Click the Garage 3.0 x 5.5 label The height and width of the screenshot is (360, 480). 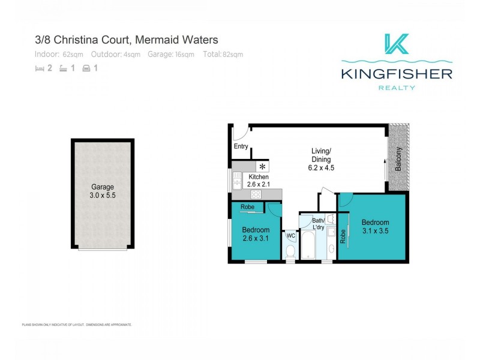(101, 191)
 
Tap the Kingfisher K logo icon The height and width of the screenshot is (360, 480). (397, 44)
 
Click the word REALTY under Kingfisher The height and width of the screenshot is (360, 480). (397, 88)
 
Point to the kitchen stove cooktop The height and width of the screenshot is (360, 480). (256, 193)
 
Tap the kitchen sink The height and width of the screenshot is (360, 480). (235, 179)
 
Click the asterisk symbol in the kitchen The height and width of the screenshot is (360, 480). (262, 166)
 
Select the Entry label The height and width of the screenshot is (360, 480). (241, 146)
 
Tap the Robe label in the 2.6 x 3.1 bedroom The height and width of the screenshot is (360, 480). (247, 208)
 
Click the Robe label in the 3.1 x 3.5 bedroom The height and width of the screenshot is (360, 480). (343, 237)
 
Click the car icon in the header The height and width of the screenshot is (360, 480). (86, 68)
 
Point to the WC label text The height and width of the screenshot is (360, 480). (290, 236)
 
